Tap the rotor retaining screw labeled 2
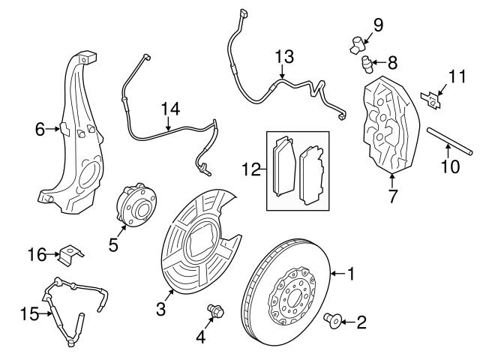pos(331,322)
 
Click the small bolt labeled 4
pos(212,310)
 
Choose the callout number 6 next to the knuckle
pos(40,130)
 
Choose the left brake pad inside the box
pos(283,167)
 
